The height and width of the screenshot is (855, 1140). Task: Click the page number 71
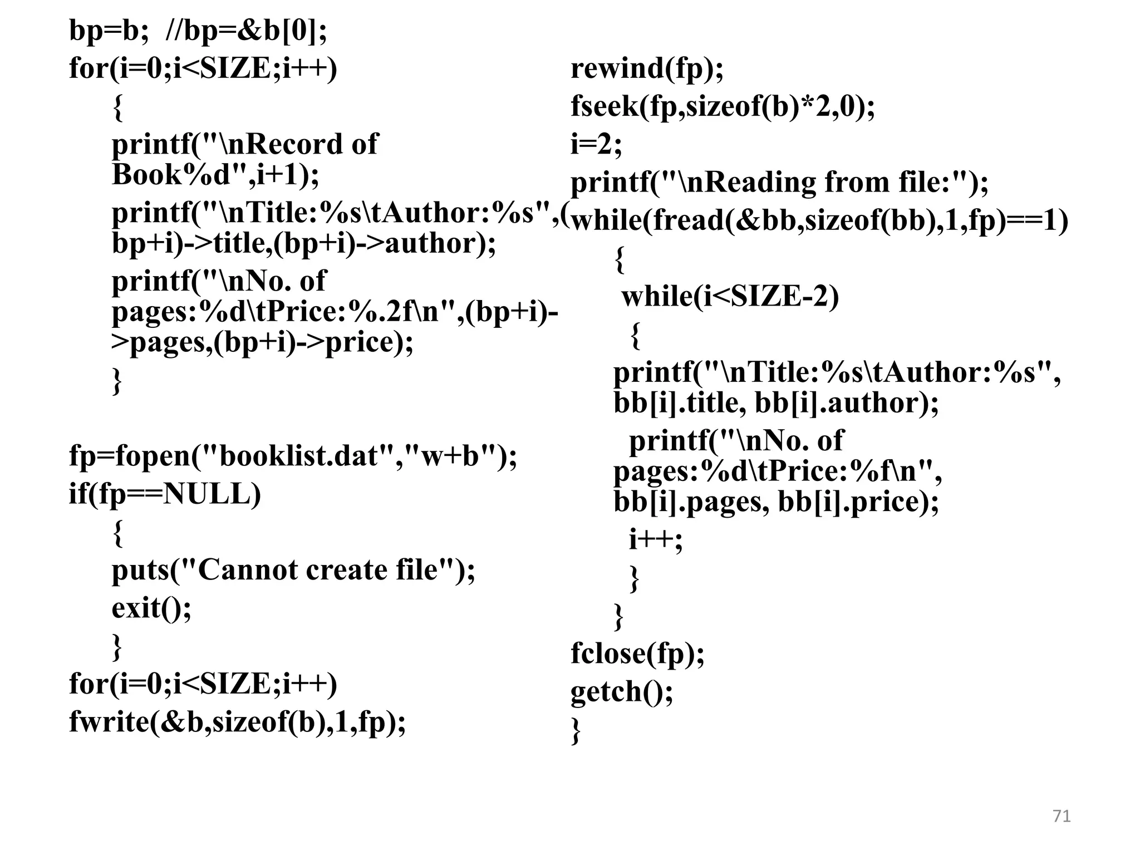tap(1062, 816)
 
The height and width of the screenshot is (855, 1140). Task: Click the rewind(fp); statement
tap(647, 69)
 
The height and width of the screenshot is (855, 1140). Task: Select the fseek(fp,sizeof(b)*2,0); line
tap(722, 107)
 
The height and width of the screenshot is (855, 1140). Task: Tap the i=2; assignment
tap(596, 145)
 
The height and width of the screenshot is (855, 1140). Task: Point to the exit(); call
tap(151, 607)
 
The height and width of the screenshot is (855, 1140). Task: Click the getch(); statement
tap(621, 692)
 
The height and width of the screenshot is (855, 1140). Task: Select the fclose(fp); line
tap(637, 653)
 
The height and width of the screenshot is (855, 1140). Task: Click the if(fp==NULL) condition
tap(165, 494)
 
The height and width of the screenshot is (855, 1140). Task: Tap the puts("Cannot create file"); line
tap(293, 570)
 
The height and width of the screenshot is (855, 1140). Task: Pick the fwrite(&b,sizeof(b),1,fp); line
tap(237, 722)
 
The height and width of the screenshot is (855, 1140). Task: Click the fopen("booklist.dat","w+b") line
tap(293, 456)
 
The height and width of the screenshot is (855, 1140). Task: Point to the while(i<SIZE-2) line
tap(730, 297)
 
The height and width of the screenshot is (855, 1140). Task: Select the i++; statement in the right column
tap(655, 539)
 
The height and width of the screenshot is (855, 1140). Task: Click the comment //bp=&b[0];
tap(246, 31)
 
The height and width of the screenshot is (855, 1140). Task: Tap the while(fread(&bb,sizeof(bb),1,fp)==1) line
tap(819, 221)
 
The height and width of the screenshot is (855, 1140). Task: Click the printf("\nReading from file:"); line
tap(779, 183)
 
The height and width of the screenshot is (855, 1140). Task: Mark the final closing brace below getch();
tap(576, 730)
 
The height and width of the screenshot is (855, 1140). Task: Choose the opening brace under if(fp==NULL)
tap(117, 533)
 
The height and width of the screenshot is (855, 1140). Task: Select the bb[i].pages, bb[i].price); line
tap(776, 502)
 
